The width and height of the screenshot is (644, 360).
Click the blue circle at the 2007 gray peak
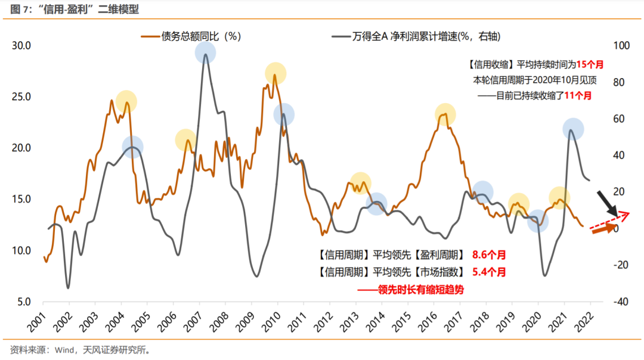coord(205,53)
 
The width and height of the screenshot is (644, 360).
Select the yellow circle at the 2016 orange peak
coord(445,114)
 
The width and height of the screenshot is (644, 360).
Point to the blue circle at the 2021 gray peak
coord(573,129)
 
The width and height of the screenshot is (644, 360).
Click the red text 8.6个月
coord(488,255)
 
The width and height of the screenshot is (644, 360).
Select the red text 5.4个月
coord(488,272)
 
